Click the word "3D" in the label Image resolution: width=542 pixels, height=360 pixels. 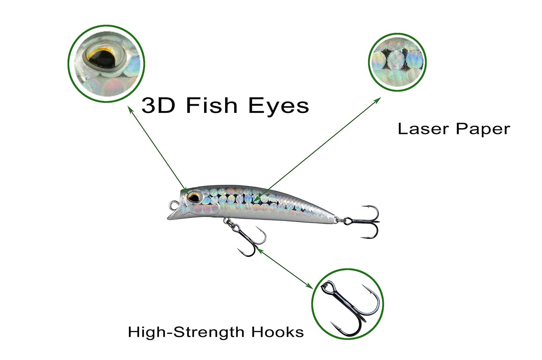click(158, 106)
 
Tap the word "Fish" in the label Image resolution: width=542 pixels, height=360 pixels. click(212, 105)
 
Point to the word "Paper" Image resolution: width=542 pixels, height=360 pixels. click(483, 130)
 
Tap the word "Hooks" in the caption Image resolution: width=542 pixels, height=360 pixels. click(278, 332)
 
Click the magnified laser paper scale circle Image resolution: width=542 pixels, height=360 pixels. click(397, 62)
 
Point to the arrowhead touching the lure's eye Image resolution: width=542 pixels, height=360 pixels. click(185, 191)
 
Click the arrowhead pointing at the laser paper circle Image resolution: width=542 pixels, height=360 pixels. click(378, 100)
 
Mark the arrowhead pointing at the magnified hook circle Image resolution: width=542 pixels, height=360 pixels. click(309, 286)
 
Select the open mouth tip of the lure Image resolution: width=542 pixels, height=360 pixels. click(169, 218)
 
